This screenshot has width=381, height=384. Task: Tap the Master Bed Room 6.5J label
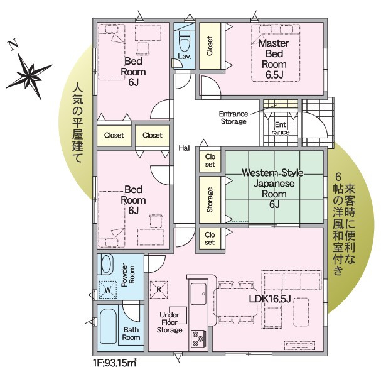274,59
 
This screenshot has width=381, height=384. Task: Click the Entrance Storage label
233,118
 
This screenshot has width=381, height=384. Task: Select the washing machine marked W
108,289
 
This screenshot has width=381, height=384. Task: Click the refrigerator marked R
159,290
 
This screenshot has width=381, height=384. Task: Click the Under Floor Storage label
170,322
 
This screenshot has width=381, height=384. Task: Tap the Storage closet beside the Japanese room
210,200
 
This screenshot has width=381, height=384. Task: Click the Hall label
185,148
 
